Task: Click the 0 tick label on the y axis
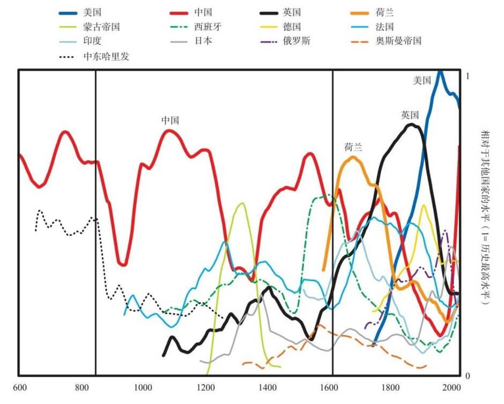pos(468,376)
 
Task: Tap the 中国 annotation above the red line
pos(170,121)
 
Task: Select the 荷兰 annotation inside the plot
pos(353,147)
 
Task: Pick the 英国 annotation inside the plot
pos(409,114)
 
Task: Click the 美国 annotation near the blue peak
pos(422,80)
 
